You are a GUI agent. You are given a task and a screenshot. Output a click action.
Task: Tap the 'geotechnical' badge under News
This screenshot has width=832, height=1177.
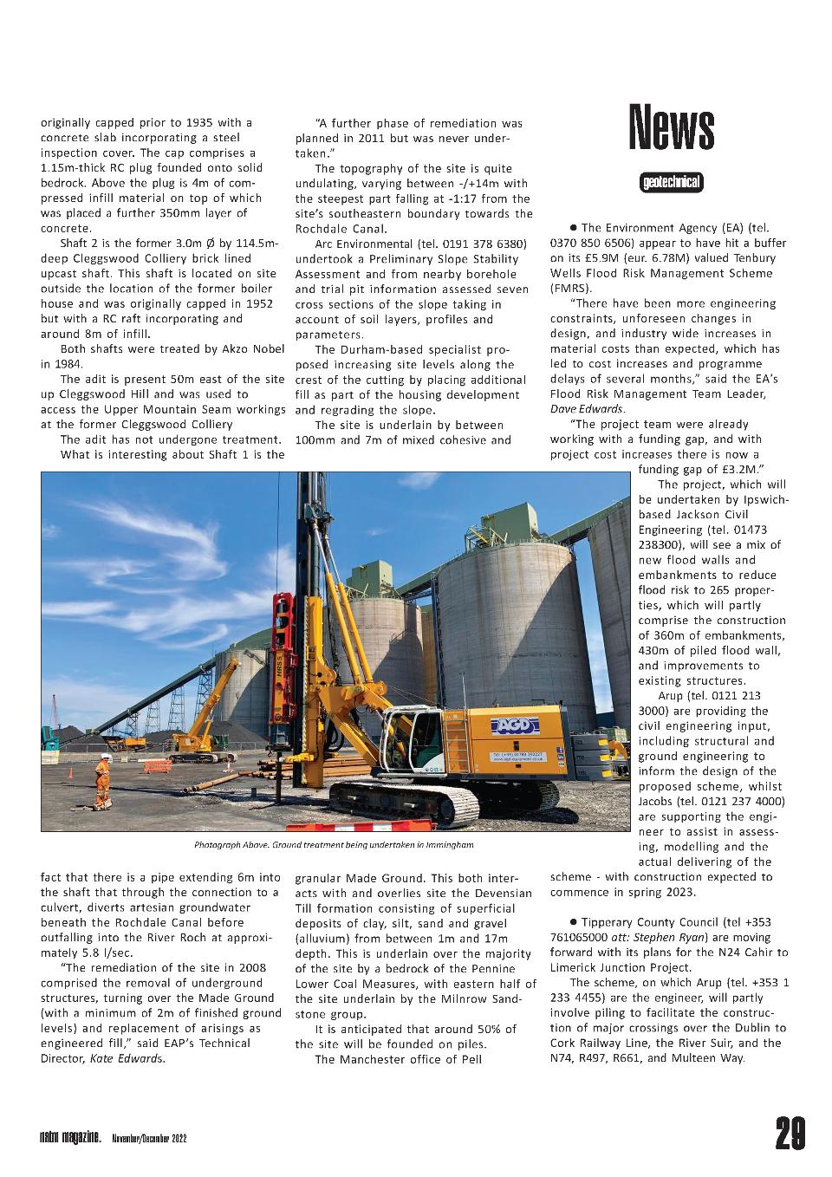[x=671, y=183]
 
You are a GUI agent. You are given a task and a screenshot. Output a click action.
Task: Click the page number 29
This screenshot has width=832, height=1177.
[x=790, y=1134]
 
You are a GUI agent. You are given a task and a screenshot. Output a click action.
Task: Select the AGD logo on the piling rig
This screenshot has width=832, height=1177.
[x=515, y=725]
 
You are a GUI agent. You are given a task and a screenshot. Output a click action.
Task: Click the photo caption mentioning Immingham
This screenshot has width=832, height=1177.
[x=334, y=844]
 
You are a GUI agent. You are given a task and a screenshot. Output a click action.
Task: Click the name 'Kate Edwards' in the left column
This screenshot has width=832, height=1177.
[x=127, y=1058]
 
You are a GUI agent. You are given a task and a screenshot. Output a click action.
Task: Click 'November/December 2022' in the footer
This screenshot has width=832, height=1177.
[x=148, y=1137]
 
